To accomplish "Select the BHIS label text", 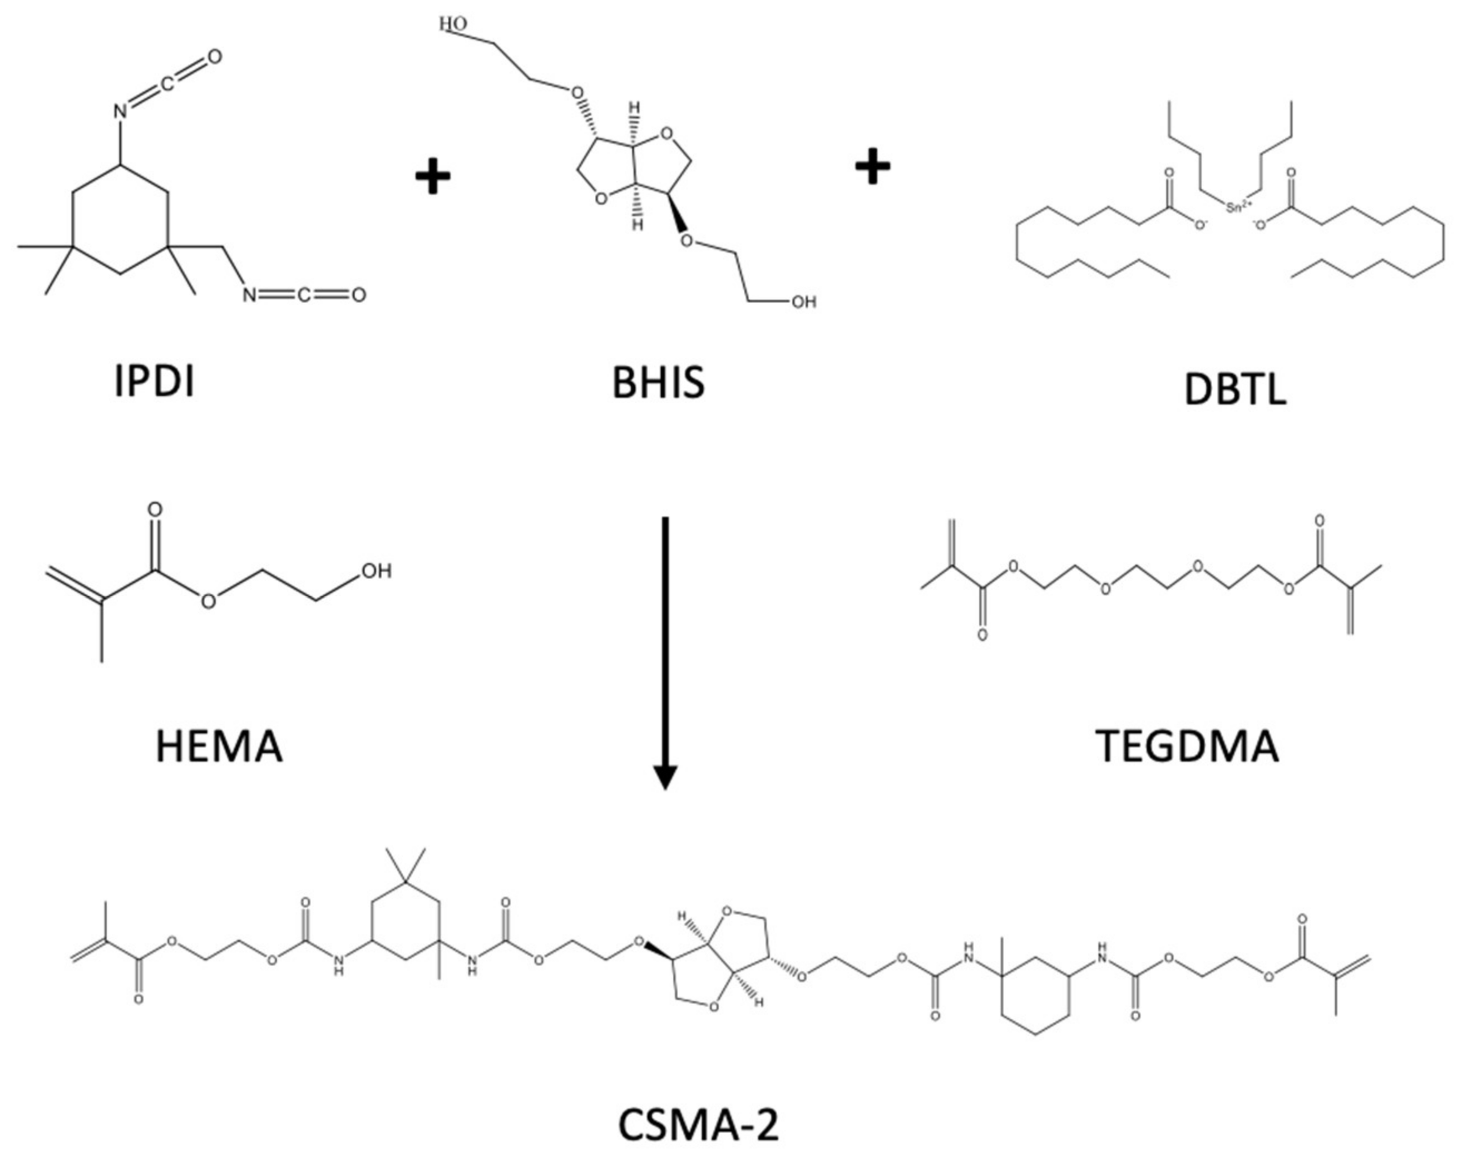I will pyautogui.click(x=658, y=383).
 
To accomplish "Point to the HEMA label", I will pyautogui.click(x=219, y=747).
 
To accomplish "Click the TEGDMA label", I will pyautogui.click(x=1187, y=746).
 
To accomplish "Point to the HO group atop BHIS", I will pyautogui.click(x=452, y=24).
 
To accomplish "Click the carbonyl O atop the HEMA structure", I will pyautogui.click(x=155, y=510).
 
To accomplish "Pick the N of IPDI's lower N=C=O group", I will pyautogui.click(x=250, y=295).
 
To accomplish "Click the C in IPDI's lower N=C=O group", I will pyautogui.click(x=304, y=295).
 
